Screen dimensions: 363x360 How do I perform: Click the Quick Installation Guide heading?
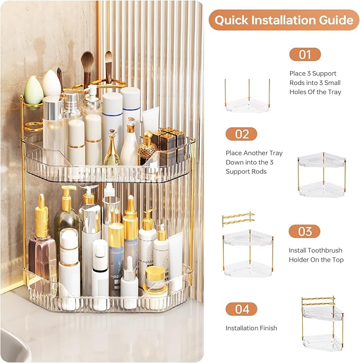point(284,20)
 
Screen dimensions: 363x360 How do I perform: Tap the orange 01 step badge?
point(304,55)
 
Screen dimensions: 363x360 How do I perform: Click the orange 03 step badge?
point(304,231)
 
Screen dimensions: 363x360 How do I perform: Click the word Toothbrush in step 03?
point(324,250)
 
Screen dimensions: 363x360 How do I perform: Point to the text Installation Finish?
point(251,328)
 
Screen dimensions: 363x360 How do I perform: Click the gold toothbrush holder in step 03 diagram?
point(238,219)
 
